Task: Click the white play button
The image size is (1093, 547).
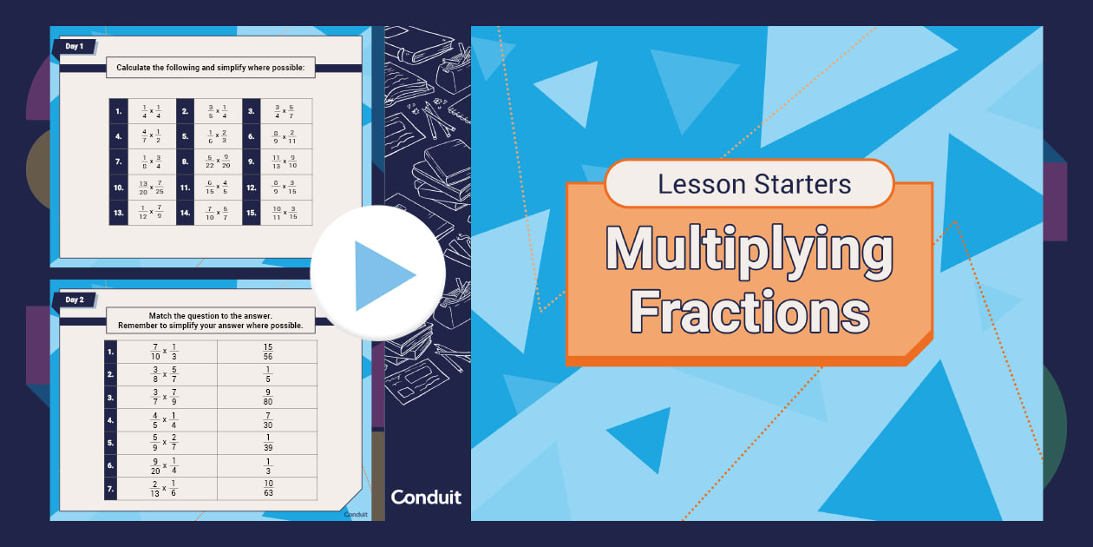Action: click(x=377, y=273)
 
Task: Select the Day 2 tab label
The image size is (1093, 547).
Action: click(x=75, y=300)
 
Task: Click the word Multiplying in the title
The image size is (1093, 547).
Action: click(x=749, y=252)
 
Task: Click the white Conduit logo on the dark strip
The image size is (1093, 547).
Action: click(x=426, y=498)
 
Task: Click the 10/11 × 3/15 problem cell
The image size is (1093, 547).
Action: click(x=285, y=213)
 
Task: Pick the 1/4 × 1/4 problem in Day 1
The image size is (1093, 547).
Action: click(x=152, y=111)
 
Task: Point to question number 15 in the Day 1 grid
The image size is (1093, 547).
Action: click(x=251, y=213)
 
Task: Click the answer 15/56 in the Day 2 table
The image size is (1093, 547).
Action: click(x=268, y=352)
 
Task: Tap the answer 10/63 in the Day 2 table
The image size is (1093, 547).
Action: click(x=268, y=489)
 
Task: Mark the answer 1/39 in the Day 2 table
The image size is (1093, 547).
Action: click(x=268, y=443)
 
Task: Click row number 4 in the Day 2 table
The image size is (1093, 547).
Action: click(x=110, y=420)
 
